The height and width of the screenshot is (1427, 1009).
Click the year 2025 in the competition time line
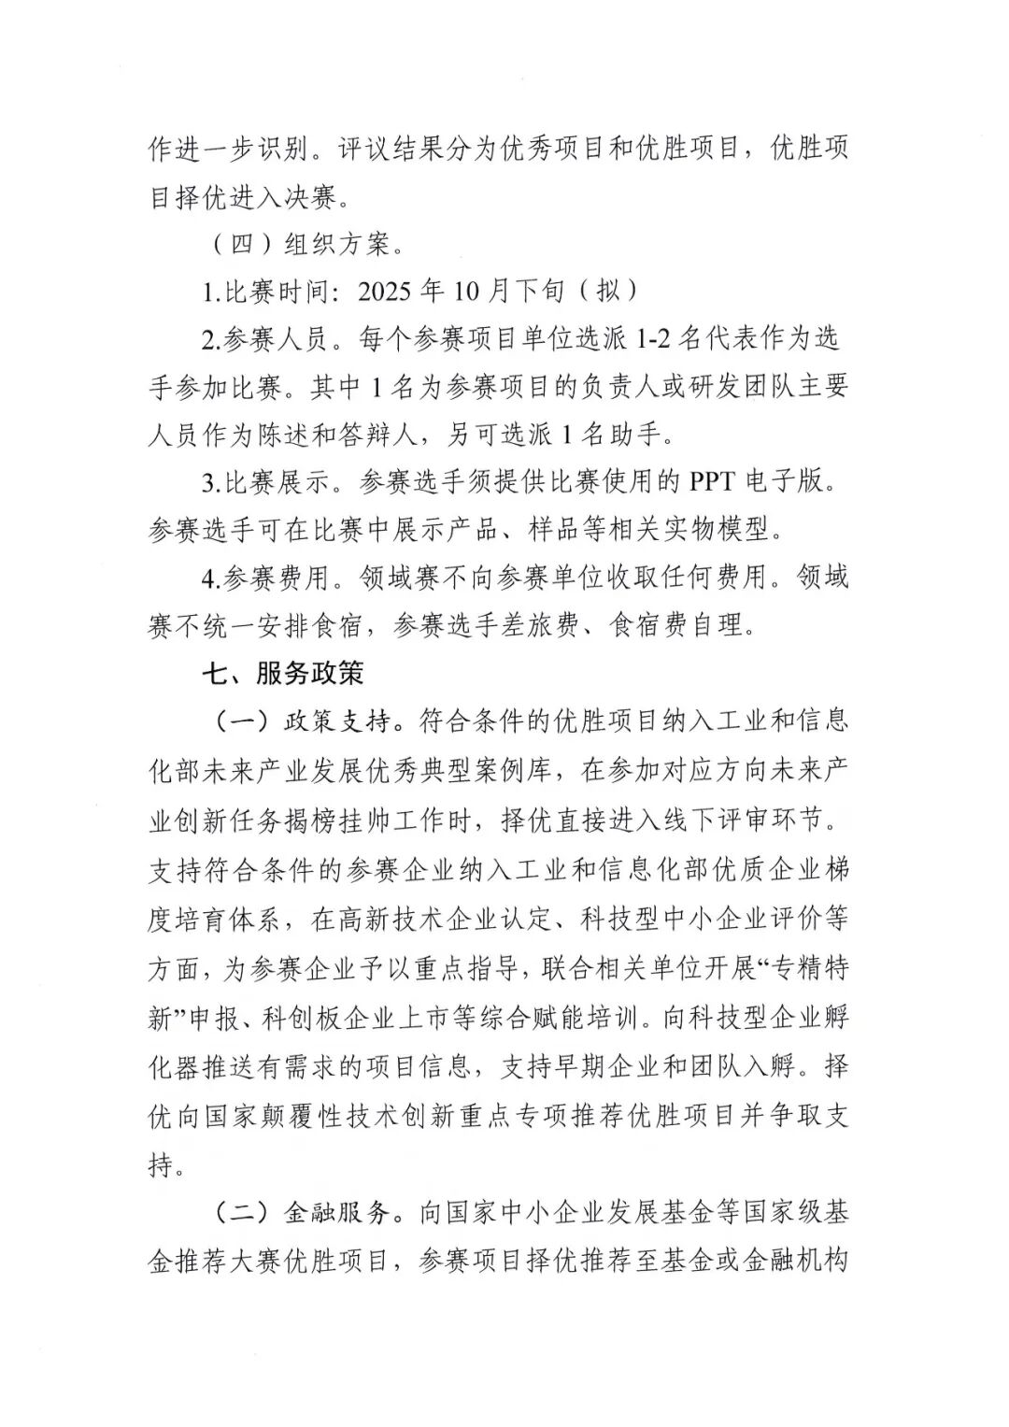[387, 291]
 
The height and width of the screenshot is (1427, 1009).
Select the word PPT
[715, 482]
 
